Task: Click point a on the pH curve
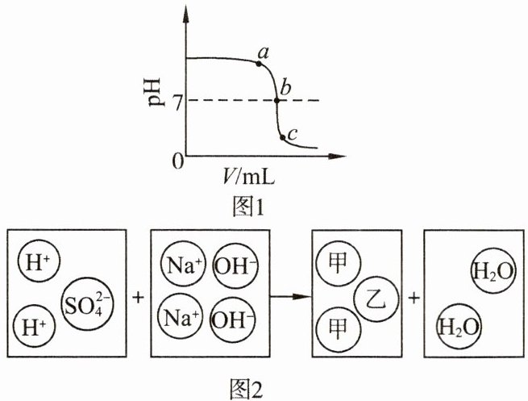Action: (259, 62)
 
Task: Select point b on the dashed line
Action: (276, 101)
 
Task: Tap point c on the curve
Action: (282, 137)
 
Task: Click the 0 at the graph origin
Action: (174, 159)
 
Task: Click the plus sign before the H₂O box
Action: (413, 297)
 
